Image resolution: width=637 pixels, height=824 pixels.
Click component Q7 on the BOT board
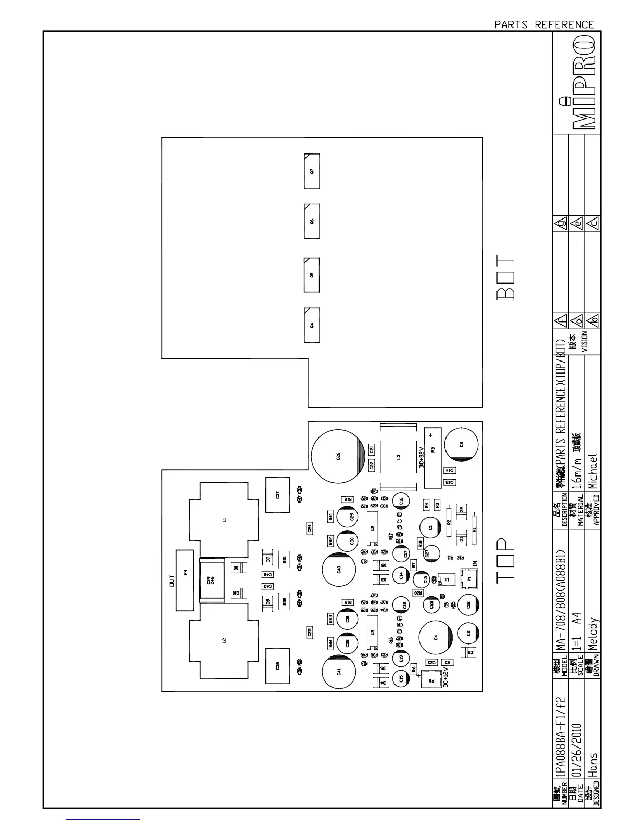[x=312, y=171]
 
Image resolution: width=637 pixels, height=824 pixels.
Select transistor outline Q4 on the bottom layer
[x=312, y=325]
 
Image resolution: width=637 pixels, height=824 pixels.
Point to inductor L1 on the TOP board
[x=224, y=519]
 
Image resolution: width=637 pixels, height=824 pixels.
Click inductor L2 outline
[x=224, y=641]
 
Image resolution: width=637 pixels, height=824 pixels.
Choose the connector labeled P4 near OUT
[x=185, y=572]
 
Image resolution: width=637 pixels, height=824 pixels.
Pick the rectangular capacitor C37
[x=278, y=495]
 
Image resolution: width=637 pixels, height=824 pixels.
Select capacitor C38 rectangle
[x=278, y=665]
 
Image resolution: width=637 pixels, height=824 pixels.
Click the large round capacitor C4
[x=436, y=637]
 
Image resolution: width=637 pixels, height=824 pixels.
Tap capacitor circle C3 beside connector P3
[x=462, y=444]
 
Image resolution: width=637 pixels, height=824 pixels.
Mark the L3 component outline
[x=399, y=457]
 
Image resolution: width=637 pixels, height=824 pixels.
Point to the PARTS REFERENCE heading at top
[x=544, y=24]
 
